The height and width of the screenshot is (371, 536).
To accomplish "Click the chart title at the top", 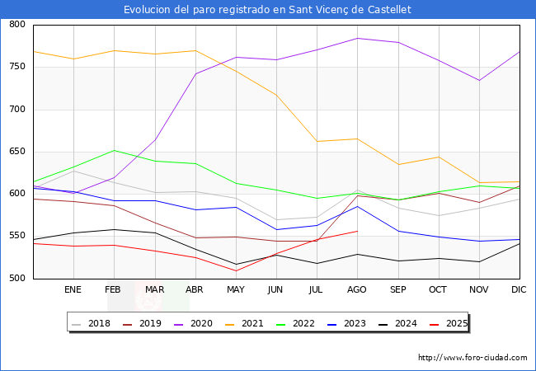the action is tap(267, 10).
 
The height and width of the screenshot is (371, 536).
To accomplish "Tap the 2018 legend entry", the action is tap(92, 323).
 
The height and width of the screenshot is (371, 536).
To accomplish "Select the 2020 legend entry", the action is tap(194, 323).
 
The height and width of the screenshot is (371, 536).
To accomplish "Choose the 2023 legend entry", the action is tap(346, 323).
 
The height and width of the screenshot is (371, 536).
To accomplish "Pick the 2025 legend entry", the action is tap(449, 323).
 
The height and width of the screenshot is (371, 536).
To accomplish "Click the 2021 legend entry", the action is tap(244, 323).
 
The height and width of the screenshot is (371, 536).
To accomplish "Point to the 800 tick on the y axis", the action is tap(17, 24).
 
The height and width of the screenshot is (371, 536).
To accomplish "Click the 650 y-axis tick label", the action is tap(17, 152).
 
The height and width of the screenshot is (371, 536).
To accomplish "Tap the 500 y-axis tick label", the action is tap(17, 278).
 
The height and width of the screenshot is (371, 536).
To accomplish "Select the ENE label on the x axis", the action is tap(73, 289).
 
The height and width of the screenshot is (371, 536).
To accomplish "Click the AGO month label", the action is tap(357, 289).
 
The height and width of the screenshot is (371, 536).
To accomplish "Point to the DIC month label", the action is tap(519, 289).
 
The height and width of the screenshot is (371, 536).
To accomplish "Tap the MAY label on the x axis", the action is tap(236, 289).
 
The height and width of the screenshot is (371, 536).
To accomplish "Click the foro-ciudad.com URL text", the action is tap(473, 358).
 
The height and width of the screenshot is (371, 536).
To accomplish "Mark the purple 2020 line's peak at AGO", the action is tap(358, 38).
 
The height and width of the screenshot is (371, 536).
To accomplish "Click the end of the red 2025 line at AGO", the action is tap(358, 232).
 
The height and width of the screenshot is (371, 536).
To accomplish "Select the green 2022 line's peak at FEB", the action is tap(114, 150).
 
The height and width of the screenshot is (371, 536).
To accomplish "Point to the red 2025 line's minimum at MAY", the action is tap(236, 271).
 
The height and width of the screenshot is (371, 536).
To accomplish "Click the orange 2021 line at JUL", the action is tap(317, 142).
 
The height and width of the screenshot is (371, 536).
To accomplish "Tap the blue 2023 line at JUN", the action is tap(276, 229).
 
